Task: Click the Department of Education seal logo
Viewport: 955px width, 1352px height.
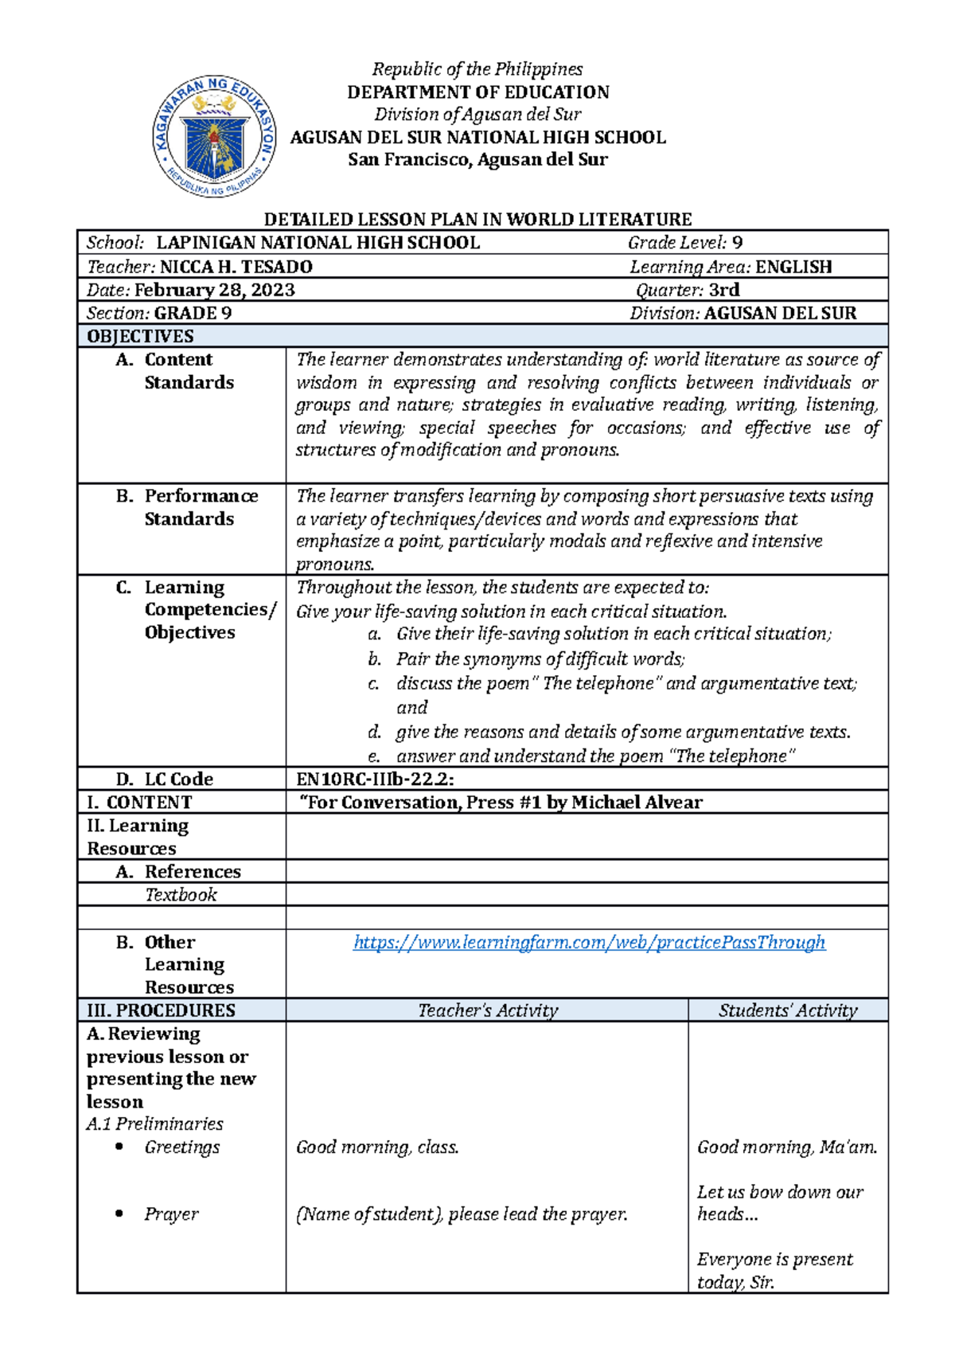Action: click(215, 137)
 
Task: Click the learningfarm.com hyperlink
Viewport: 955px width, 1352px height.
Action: click(589, 943)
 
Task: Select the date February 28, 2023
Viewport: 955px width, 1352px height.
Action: click(215, 290)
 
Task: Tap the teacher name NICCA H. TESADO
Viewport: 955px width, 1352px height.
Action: click(236, 267)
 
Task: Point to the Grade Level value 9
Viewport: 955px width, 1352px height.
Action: click(737, 243)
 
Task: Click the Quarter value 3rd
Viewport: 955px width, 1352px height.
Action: click(724, 290)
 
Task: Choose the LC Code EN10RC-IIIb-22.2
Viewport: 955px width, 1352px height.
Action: click(375, 779)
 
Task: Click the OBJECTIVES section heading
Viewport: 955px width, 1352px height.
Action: click(140, 336)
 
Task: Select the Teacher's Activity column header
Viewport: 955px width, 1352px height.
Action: click(488, 1010)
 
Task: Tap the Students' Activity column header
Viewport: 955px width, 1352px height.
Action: click(788, 1010)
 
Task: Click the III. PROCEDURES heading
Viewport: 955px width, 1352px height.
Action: click(161, 1010)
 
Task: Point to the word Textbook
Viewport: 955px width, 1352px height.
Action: click(181, 895)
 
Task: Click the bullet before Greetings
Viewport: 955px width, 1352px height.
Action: click(119, 1147)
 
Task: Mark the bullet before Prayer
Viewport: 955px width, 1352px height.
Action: click(119, 1213)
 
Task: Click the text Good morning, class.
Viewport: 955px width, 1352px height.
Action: click(377, 1147)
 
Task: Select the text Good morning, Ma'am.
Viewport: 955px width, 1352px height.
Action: click(787, 1147)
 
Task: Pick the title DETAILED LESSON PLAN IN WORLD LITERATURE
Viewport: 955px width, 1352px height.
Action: click(477, 220)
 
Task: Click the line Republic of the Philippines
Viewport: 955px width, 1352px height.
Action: click(477, 69)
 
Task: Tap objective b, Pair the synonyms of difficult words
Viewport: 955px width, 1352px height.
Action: click(540, 659)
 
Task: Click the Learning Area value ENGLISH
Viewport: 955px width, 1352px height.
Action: click(793, 267)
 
